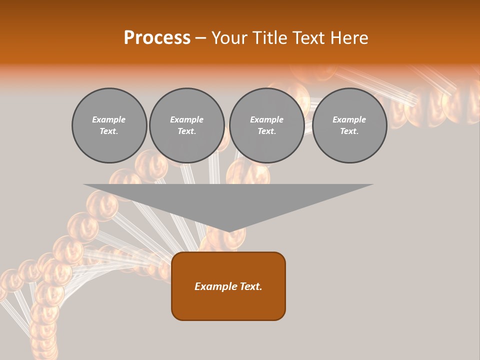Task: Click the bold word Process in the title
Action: pos(157,38)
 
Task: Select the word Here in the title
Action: pos(348,38)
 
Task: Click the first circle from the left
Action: pos(109,125)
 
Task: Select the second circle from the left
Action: pos(187,125)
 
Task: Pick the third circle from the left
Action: pos(267,125)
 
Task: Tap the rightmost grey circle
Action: pos(349,125)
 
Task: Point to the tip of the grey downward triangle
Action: pos(229,231)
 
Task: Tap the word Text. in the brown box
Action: pos(250,286)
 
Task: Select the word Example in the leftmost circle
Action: pos(109,119)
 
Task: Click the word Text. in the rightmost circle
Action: pos(349,131)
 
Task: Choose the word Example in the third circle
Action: pos(267,119)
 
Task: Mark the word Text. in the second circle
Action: pos(187,131)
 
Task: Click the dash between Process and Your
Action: pos(200,38)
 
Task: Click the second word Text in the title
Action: pos(310,38)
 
